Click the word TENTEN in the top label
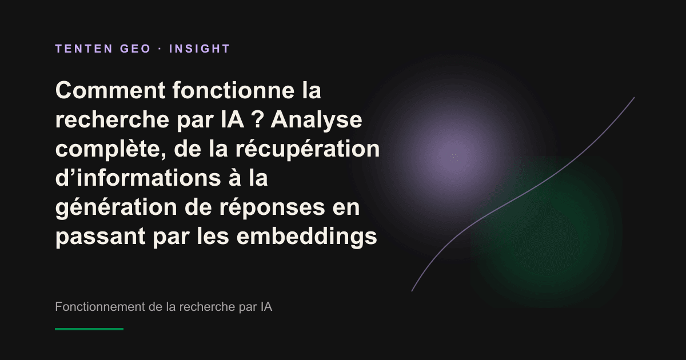(84, 49)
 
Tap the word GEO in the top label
(135, 49)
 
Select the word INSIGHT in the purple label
(200, 49)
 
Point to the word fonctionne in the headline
(233, 90)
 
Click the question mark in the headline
(258, 119)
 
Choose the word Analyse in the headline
(316, 120)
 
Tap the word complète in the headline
(111, 149)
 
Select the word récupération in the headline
(308, 149)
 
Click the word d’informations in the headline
(138, 178)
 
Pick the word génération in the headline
(116, 207)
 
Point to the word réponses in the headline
(272, 207)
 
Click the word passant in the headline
(101, 237)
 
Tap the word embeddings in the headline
(307, 237)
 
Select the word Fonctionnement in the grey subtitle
(100, 306)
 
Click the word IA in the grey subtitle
(267, 306)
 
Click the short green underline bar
(89, 329)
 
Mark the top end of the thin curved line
(634, 98)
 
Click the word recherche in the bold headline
(112, 119)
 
